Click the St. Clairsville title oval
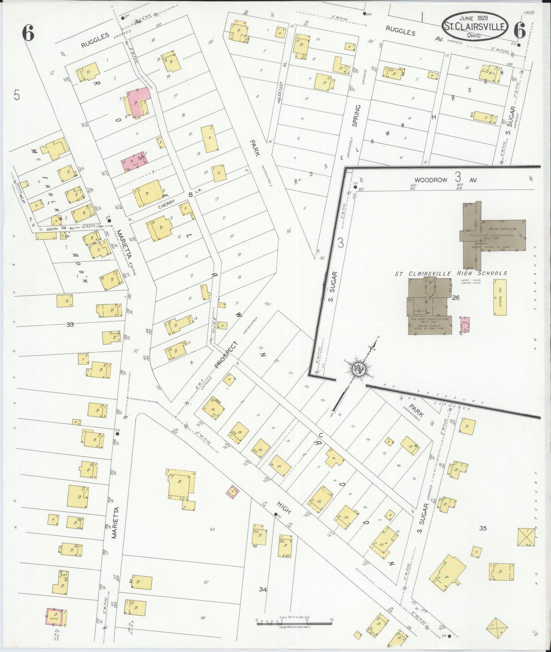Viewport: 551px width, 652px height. pyautogui.click(x=475, y=26)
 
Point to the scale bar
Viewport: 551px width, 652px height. pyautogui.click(x=294, y=622)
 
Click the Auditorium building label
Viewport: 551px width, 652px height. pyautogui.click(x=502, y=229)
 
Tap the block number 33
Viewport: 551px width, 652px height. pyautogui.click(x=70, y=324)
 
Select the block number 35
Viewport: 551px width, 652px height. pyautogui.click(x=483, y=528)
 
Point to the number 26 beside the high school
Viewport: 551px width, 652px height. pyautogui.click(x=456, y=298)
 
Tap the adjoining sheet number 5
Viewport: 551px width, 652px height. pyautogui.click(x=16, y=95)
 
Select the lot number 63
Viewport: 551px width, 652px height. pyautogui.click(x=212, y=529)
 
